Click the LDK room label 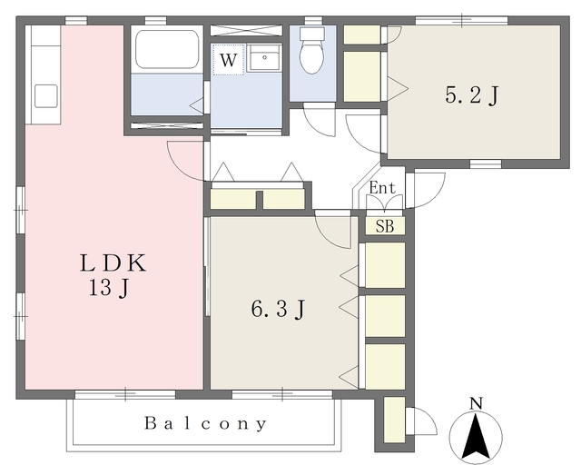(113, 264)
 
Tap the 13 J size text (113, 290)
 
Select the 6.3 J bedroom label (277, 310)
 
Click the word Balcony (206, 424)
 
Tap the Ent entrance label (383, 188)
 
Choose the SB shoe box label (385, 226)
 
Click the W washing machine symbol (229, 60)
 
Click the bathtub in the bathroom (166, 50)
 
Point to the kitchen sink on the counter (45, 95)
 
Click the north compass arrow (476, 437)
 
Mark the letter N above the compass (476, 403)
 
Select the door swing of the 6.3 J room (333, 229)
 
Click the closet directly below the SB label (385, 264)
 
